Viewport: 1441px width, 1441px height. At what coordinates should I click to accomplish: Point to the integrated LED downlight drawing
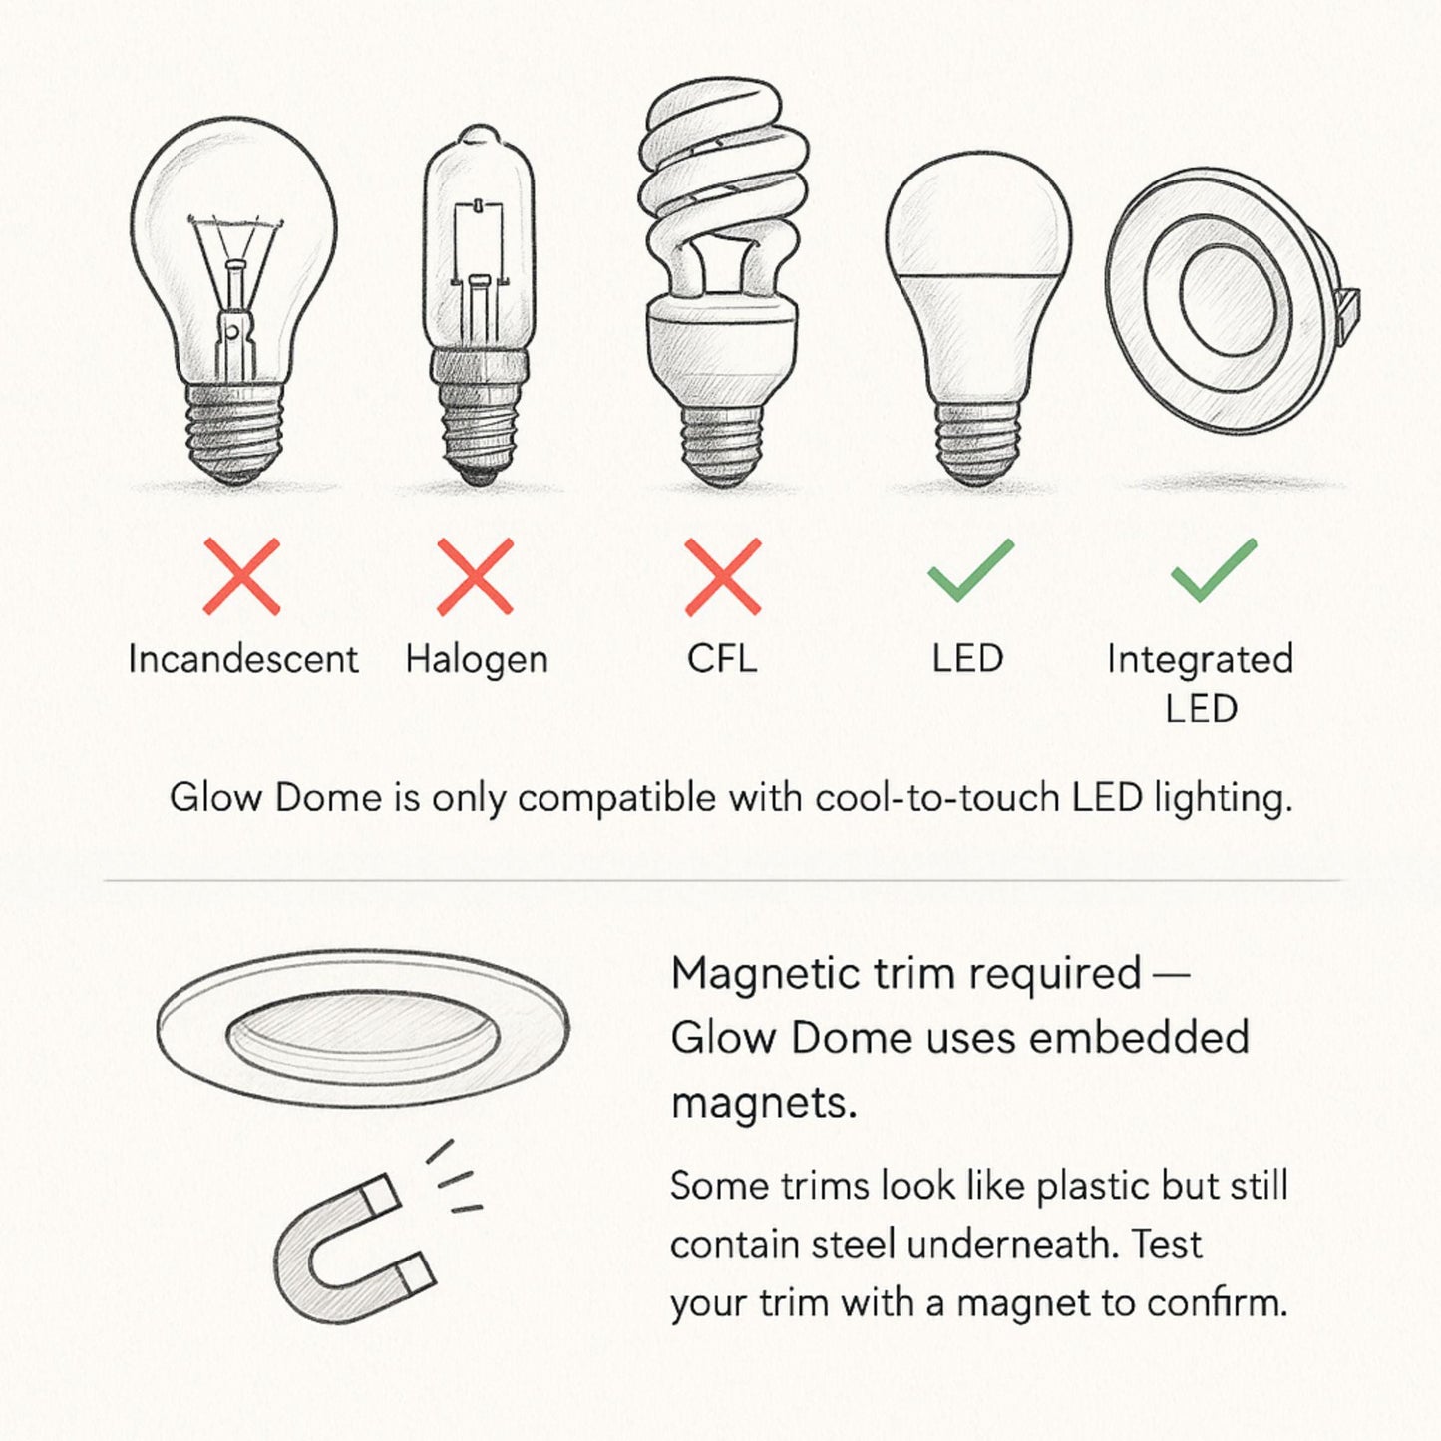[1227, 295]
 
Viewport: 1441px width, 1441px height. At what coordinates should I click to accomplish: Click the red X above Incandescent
[241, 576]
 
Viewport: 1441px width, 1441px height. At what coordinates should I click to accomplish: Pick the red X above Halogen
[476, 576]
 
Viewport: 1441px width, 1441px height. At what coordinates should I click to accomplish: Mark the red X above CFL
[723, 576]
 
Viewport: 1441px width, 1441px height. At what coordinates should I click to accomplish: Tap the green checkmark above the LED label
[970, 570]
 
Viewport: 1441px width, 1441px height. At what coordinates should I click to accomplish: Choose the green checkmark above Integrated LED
[1213, 570]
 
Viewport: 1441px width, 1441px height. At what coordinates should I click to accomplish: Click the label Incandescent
[242, 660]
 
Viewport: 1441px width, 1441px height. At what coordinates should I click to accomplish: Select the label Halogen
[477, 660]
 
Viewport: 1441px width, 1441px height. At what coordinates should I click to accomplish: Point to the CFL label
[722, 659]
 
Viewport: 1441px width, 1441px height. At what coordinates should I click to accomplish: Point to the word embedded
[1138, 1038]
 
